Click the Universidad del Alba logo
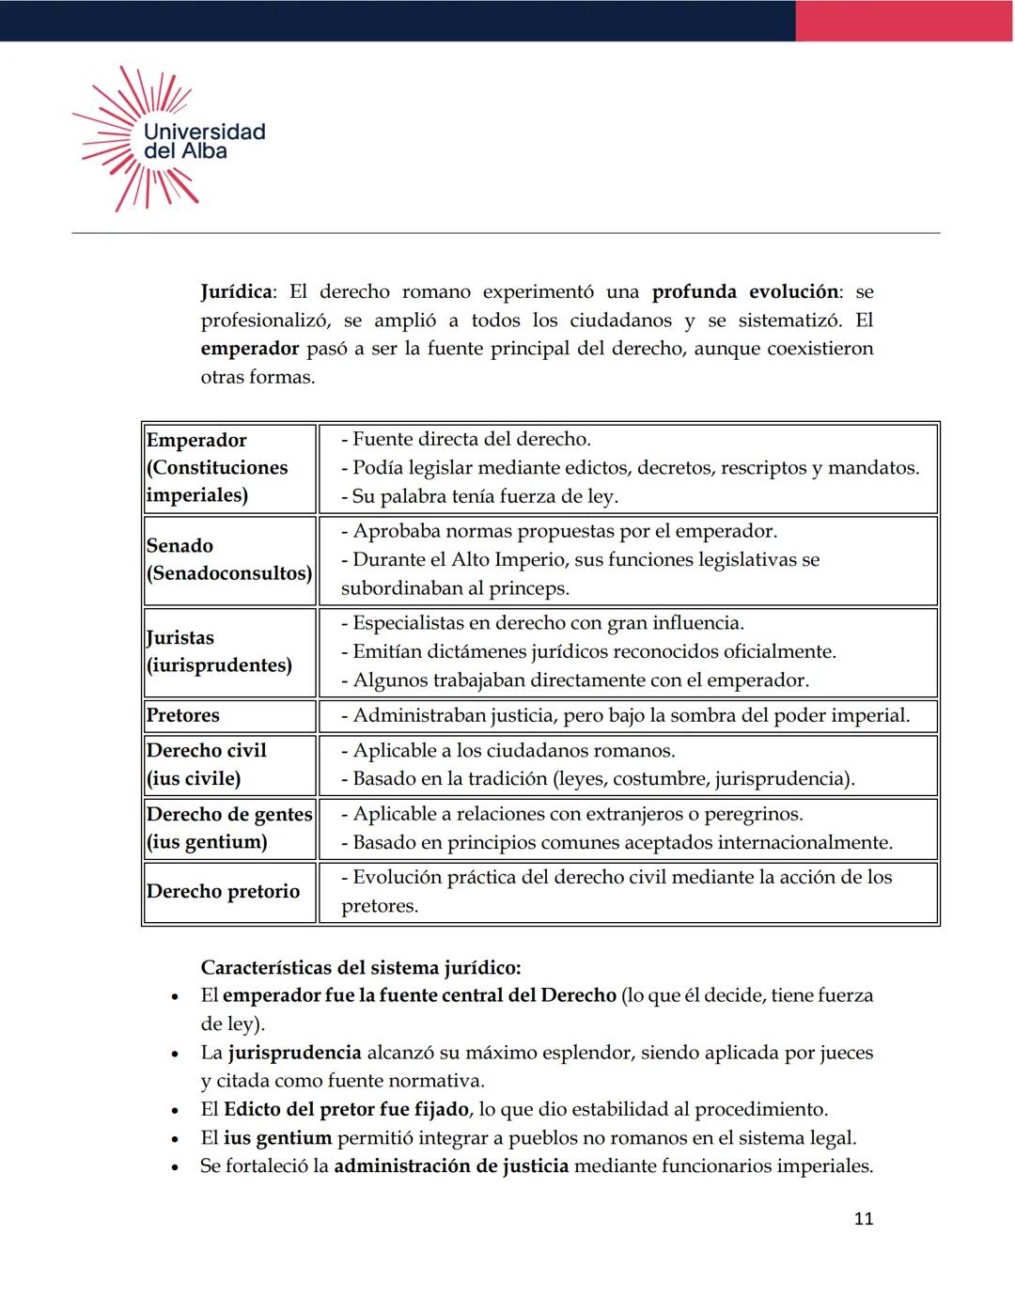click(x=169, y=139)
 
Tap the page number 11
click(x=863, y=1219)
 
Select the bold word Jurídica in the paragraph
click(x=236, y=292)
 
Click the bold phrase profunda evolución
click(x=746, y=292)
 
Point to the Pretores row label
click(x=183, y=715)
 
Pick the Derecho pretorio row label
click(x=223, y=891)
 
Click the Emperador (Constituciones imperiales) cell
click(x=228, y=467)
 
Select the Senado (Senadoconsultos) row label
click(x=228, y=559)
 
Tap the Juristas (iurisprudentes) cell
click(x=228, y=651)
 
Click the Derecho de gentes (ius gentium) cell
click(x=228, y=828)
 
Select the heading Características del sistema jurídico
click(x=360, y=967)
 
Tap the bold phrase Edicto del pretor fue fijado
click(x=346, y=1109)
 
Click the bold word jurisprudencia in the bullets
click(x=294, y=1053)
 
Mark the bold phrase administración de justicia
click(x=451, y=1166)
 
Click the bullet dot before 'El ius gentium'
click(x=175, y=1139)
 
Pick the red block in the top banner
click(x=904, y=21)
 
